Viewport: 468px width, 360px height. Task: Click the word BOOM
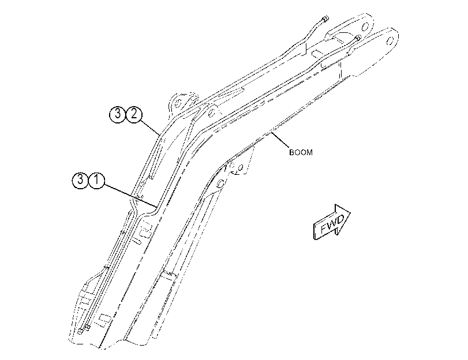click(x=301, y=152)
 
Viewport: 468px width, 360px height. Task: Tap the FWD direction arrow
click(x=332, y=222)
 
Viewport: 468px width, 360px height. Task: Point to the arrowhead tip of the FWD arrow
click(x=351, y=212)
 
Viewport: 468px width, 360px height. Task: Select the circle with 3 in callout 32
click(x=118, y=114)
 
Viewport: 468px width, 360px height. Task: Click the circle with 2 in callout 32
click(x=134, y=114)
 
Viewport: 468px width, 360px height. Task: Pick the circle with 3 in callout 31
click(x=80, y=181)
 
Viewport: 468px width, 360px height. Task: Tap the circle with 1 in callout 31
click(x=97, y=181)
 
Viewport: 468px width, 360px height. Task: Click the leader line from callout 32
click(x=149, y=126)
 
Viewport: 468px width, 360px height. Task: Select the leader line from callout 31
click(x=130, y=196)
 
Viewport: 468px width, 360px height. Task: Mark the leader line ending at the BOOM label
click(x=280, y=140)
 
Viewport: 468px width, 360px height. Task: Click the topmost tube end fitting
click(x=325, y=19)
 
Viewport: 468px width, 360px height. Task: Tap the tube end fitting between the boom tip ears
click(x=358, y=37)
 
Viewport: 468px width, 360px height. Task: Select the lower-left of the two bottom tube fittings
click(x=80, y=331)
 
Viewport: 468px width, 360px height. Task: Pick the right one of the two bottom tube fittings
click(x=88, y=328)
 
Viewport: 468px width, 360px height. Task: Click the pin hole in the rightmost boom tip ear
click(x=390, y=40)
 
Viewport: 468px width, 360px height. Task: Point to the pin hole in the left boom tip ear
click(x=365, y=27)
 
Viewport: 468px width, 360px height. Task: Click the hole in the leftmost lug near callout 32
click(x=178, y=103)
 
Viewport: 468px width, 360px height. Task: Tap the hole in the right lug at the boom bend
click(x=211, y=112)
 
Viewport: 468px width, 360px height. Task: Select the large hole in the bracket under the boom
click(x=220, y=183)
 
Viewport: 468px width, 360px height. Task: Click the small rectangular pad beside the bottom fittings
click(x=104, y=319)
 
